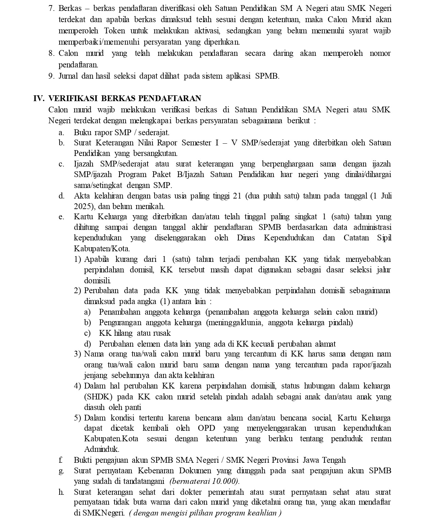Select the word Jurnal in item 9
pos(68,76)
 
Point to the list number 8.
pos(51,53)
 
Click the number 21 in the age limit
pos(237,196)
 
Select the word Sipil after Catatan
pos(384,238)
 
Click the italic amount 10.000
pos(225,481)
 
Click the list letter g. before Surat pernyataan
pos(61,471)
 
